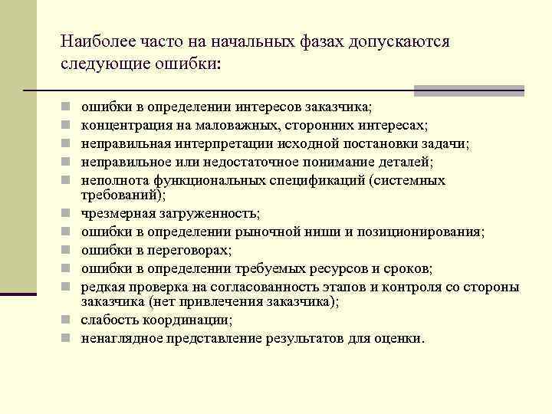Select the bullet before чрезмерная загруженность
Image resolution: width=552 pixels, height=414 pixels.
tap(67, 213)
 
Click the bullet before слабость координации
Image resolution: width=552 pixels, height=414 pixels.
tap(67, 320)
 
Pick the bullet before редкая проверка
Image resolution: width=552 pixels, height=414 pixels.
tap(67, 287)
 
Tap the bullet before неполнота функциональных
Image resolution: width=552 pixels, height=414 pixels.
tap(67, 181)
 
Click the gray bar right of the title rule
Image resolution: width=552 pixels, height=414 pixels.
tap(468, 91)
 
